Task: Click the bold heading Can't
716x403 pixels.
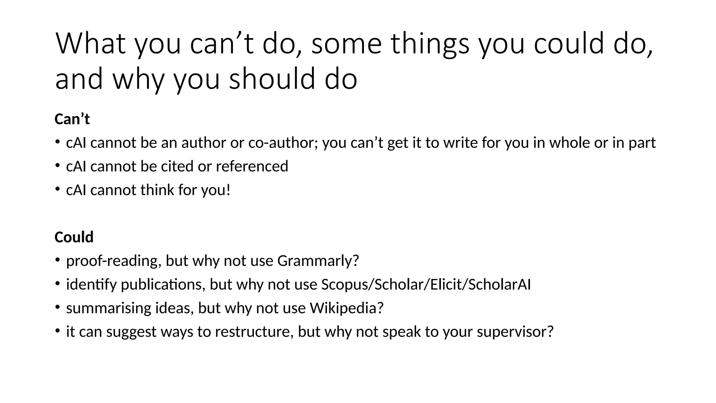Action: coord(72,119)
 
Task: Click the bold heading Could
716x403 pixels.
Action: coord(74,237)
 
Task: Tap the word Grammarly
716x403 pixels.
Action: coord(318,261)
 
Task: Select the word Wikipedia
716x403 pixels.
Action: coord(346,308)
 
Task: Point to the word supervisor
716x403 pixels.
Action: coord(515,332)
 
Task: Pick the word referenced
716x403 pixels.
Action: coord(252,167)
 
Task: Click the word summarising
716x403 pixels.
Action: coord(108,308)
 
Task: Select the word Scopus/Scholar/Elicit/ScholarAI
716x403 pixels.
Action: coord(426,284)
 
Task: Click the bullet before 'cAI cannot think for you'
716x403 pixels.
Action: coord(57,189)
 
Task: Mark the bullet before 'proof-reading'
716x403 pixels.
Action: coord(57,260)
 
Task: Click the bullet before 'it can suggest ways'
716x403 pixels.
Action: coord(57,331)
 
